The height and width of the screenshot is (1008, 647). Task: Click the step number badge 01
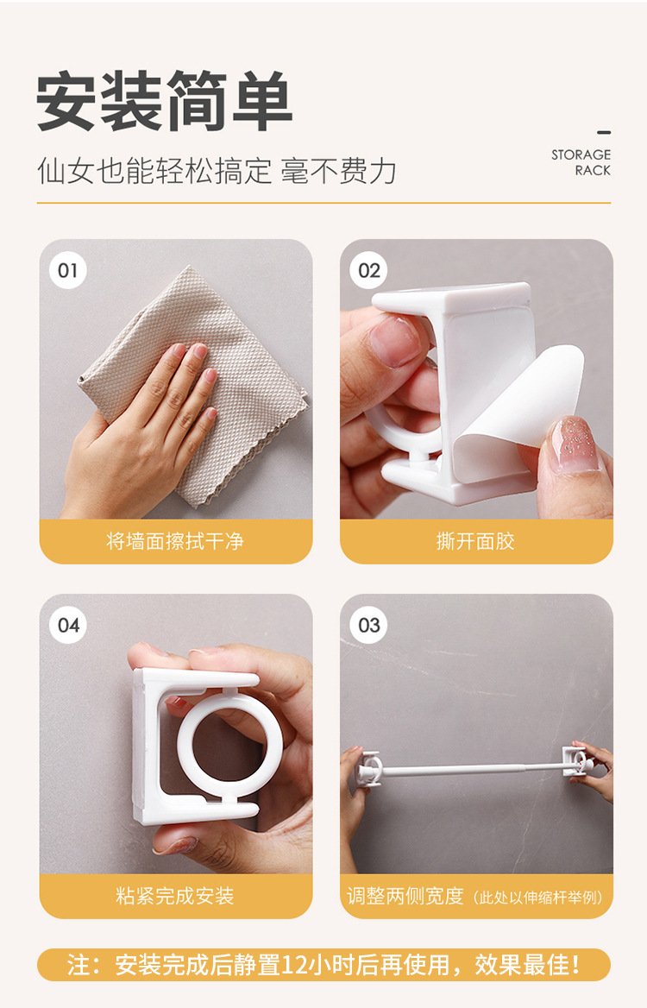pyautogui.click(x=67, y=270)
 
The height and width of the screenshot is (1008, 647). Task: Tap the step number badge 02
pyautogui.click(x=369, y=270)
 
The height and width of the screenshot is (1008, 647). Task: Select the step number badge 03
pyautogui.click(x=369, y=625)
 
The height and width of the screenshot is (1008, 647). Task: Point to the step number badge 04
pyautogui.click(x=67, y=625)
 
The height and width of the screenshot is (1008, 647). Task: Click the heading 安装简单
pyautogui.click(x=165, y=102)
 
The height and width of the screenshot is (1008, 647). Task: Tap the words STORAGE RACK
pyautogui.click(x=581, y=162)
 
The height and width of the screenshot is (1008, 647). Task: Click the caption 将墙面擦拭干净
pyautogui.click(x=175, y=541)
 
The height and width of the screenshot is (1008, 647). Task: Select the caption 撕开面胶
pyautogui.click(x=475, y=541)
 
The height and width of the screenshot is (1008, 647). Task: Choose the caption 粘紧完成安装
pyautogui.click(x=175, y=896)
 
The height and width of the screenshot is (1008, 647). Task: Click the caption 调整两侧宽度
pyautogui.click(x=405, y=896)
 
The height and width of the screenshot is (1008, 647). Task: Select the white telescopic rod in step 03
pyautogui.click(x=471, y=767)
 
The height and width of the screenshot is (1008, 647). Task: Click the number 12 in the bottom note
pyautogui.click(x=296, y=964)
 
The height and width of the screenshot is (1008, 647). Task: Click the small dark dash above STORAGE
pyautogui.click(x=604, y=132)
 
